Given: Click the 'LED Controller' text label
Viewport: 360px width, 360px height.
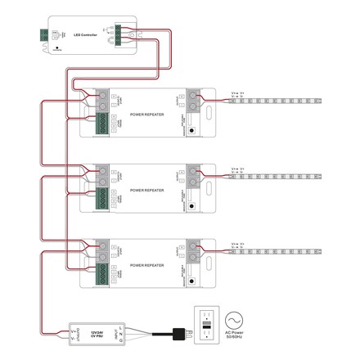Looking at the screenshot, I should (85, 34).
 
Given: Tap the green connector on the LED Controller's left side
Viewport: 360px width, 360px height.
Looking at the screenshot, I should (44, 35).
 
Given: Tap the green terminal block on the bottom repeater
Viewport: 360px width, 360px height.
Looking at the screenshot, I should (102, 276).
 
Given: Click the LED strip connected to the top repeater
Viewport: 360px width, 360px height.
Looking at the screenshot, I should (278, 101).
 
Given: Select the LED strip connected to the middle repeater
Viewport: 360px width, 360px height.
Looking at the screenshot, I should (278, 176).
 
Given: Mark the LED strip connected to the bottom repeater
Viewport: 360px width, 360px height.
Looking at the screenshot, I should (278, 251).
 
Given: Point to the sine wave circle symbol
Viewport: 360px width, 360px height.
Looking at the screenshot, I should (236, 319).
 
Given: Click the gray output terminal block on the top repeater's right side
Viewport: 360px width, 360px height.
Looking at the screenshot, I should (194, 101).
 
